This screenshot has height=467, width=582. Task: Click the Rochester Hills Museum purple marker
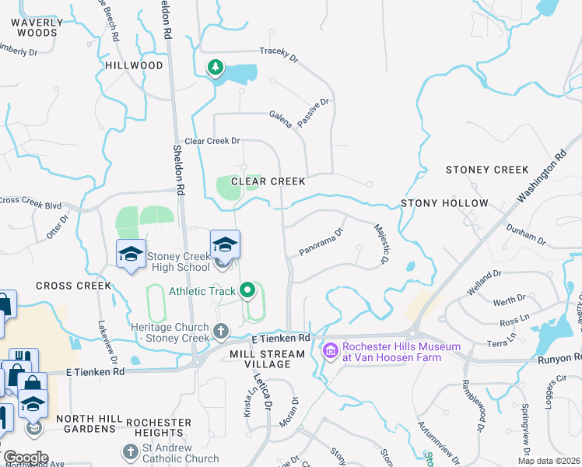point(329,353)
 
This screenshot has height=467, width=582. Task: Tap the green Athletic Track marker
point(248,292)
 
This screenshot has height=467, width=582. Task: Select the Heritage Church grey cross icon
point(221,332)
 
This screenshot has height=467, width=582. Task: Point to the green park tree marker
point(215,68)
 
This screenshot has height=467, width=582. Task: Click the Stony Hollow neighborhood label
point(444,203)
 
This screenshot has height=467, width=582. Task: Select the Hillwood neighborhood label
point(135,65)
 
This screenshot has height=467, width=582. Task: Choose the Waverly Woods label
point(34,28)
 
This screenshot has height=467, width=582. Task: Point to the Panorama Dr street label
point(321,242)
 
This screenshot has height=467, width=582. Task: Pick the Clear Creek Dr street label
point(212,141)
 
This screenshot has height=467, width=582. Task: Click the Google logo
point(25,458)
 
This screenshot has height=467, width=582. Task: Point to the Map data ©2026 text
point(549,462)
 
